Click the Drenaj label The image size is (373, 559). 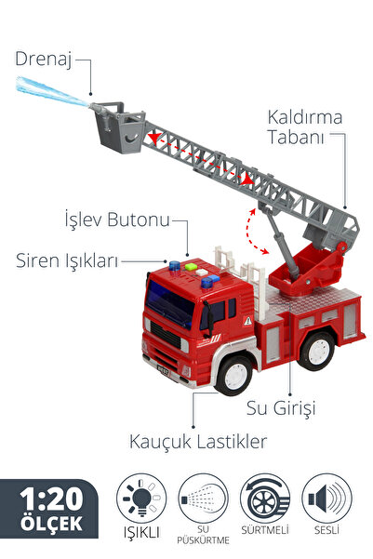[x=43, y=60]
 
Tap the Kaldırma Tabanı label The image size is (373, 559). [x=304, y=127]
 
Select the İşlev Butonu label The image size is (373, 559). [x=117, y=220]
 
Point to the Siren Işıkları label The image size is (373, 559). [x=67, y=261]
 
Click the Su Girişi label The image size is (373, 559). [x=281, y=408]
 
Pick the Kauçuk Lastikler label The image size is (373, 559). [x=198, y=442]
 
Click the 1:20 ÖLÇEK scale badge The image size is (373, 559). [x=49, y=509]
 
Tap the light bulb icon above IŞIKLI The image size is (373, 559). [x=141, y=498]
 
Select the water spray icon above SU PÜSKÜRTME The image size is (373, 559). [x=203, y=498]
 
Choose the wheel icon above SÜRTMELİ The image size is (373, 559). [x=265, y=498]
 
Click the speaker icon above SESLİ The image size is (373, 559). [x=327, y=498]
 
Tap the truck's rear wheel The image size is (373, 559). [x=316, y=352]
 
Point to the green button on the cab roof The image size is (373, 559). [x=191, y=267]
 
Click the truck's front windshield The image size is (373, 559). [x=169, y=304]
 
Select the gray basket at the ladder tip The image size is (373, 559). [x=120, y=127]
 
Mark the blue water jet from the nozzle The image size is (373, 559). [x=51, y=92]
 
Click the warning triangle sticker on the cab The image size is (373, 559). [x=247, y=321]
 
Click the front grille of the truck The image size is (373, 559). [x=166, y=335]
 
